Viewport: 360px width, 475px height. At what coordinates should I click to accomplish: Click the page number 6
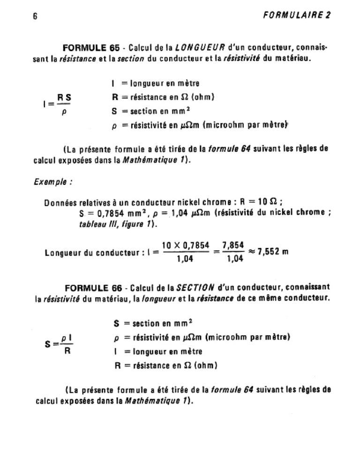tap(35, 15)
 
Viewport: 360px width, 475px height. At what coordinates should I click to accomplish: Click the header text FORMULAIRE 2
tap(297, 15)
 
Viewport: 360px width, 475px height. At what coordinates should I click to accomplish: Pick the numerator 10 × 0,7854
tap(185, 245)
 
